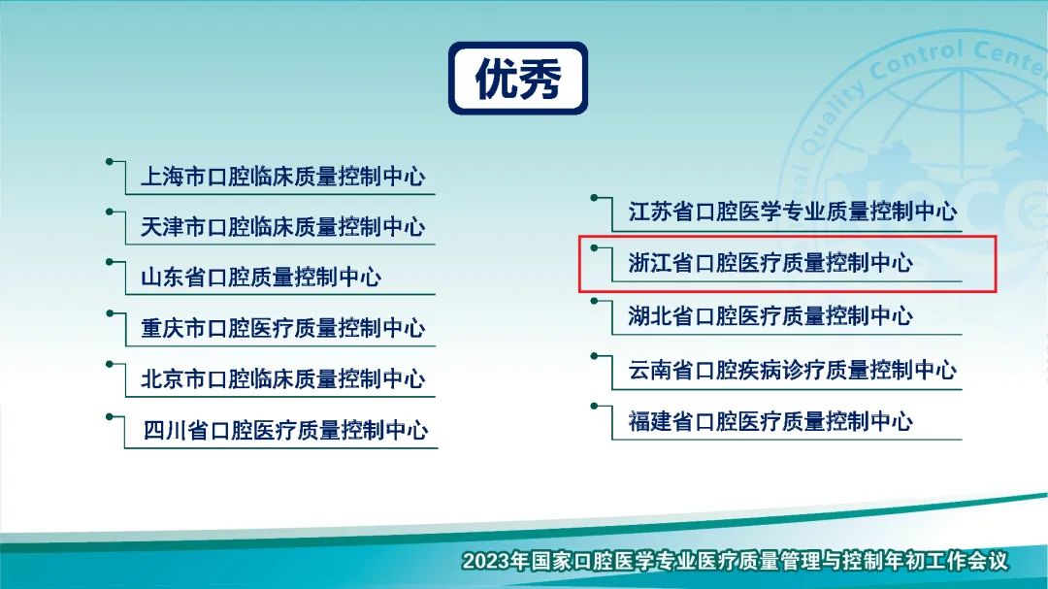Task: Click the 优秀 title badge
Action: point(518,79)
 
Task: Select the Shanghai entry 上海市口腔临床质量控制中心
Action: point(282,177)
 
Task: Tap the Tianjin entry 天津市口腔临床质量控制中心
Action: point(282,227)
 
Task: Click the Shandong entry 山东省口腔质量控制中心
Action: point(261,277)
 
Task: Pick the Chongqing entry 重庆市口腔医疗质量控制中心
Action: point(282,328)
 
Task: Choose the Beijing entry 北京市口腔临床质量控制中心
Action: point(282,379)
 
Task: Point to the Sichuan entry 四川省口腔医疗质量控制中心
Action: point(285,430)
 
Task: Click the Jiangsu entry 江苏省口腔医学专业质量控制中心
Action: point(793,212)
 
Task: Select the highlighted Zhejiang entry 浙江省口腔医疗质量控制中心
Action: point(770,263)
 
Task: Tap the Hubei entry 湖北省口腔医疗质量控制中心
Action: point(770,315)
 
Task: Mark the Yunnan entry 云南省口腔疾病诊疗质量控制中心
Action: point(793,370)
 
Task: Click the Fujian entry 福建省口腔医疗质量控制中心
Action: point(770,421)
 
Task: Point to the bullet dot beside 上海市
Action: point(109,161)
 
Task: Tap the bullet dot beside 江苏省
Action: point(594,197)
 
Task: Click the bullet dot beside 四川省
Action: point(109,416)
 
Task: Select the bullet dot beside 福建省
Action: point(594,406)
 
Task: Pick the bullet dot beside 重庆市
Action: point(109,312)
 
